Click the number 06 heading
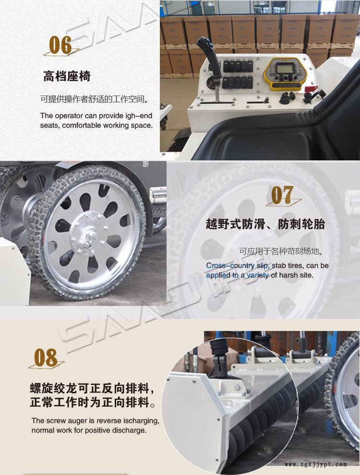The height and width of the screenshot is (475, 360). pos(60,45)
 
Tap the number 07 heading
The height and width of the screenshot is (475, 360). pos(282,195)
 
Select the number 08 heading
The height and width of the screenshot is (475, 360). pos(46,357)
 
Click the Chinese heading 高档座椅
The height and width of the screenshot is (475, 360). pos(67,76)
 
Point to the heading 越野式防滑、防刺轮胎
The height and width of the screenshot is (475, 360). pos(265,224)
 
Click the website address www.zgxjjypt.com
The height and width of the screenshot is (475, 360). pos(315,464)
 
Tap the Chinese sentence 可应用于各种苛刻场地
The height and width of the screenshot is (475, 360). pos(281,251)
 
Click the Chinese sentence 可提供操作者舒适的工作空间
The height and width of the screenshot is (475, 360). pos(95,99)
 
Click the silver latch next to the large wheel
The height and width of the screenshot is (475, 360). pos(158,195)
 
